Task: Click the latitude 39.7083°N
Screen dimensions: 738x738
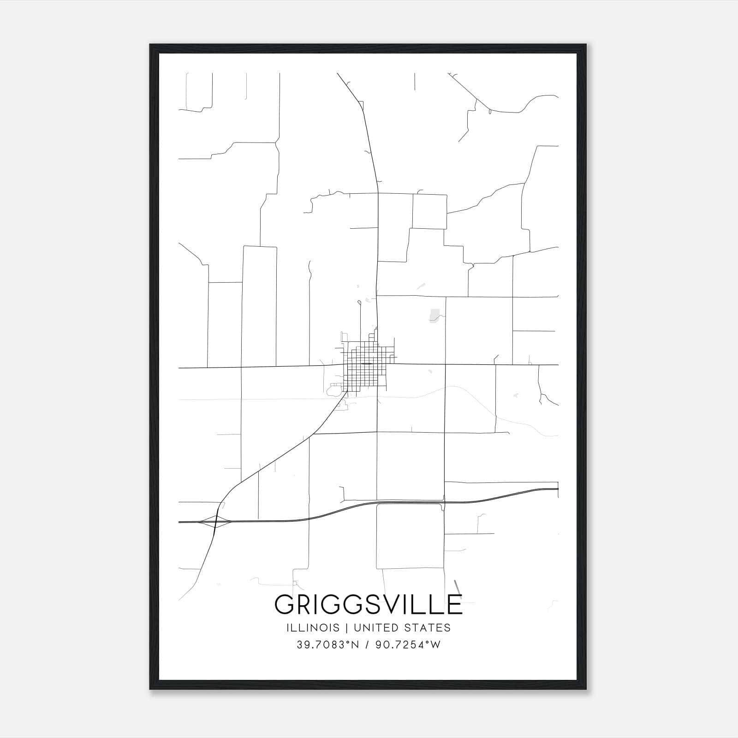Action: pyautogui.click(x=327, y=645)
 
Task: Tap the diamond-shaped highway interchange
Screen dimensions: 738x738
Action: pyautogui.click(x=216, y=522)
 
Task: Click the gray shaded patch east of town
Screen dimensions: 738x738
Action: pyautogui.click(x=434, y=315)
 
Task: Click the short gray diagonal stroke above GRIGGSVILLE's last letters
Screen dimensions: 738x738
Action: pyautogui.click(x=458, y=587)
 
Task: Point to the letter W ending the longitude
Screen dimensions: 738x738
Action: pyautogui.click(x=435, y=645)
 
